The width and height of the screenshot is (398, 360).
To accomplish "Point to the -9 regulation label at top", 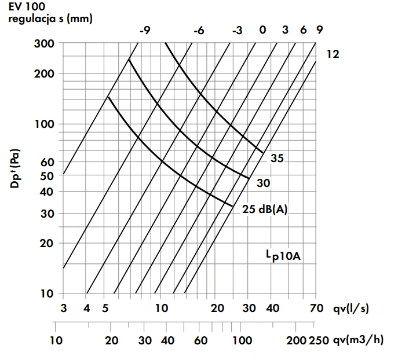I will coord(144,30).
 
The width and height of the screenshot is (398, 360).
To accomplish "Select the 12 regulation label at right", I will coord(332,55).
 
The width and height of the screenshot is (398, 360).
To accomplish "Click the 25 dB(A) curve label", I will coord(264,210).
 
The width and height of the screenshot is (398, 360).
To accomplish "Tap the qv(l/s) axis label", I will coord(351,308).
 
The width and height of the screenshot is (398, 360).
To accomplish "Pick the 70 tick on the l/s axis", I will coord(316,308).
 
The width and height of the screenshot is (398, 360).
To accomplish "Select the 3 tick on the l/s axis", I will coord(63,308).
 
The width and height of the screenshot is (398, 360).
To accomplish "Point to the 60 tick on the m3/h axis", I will coord(200,340).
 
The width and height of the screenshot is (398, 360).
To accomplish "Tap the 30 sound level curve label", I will coord(264,183).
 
